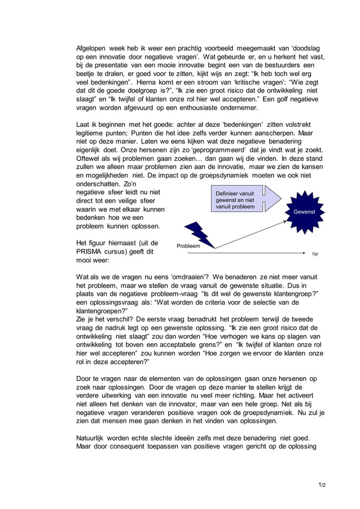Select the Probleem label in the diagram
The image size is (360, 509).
coord(188,247)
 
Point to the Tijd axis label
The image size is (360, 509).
coord(315,254)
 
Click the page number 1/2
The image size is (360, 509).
coord(322,485)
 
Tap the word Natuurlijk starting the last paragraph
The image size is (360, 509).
coord(94,438)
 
